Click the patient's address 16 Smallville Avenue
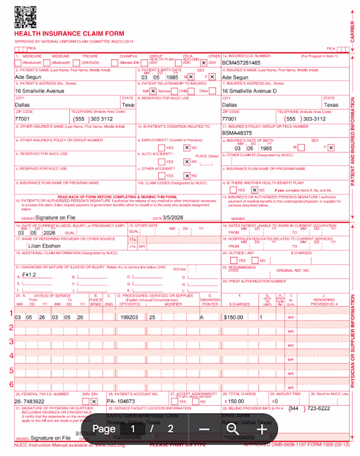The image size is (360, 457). tap(39, 91)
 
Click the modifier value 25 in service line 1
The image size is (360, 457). tap(152, 317)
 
